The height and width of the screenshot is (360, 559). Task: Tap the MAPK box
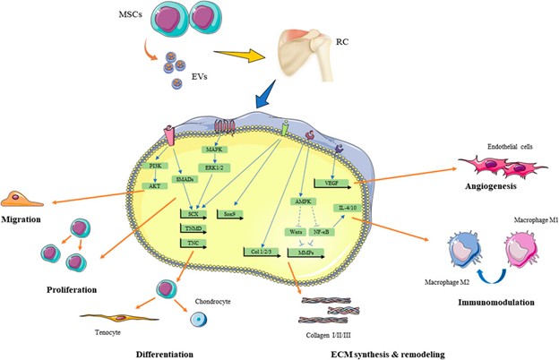point(213,150)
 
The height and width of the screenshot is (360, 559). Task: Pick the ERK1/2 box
point(213,167)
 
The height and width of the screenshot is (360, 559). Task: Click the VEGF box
point(324,182)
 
